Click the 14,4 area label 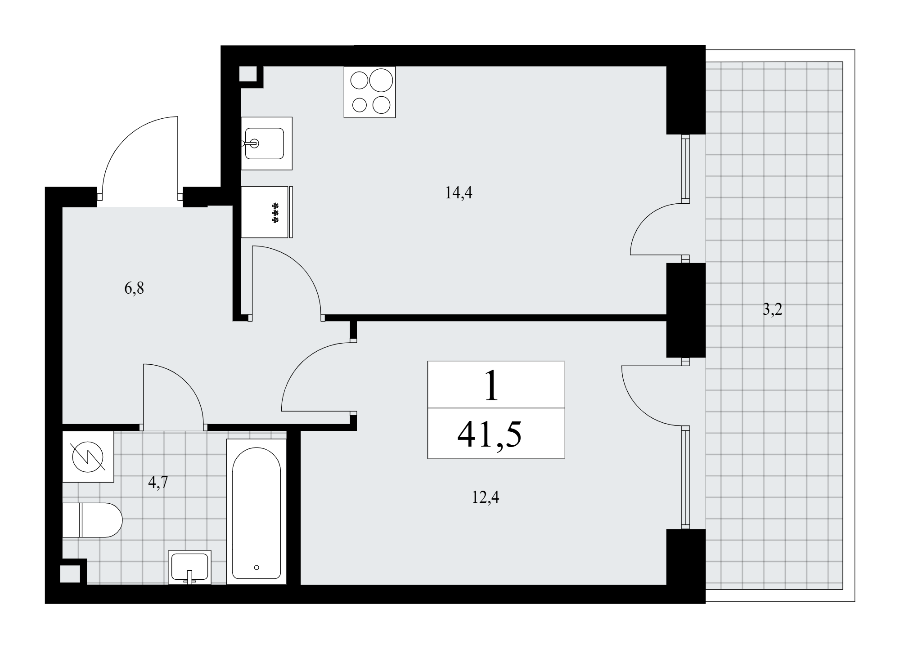[x=459, y=193]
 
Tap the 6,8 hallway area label [x=134, y=288]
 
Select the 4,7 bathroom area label [x=158, y=482]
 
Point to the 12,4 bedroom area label [x=486, y=498]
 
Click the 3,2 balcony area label [x=773, y=310]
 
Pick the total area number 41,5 [x=490, y=434]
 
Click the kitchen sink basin [x=264, y=143]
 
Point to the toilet [x=92, y=520]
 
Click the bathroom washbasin [x=189, y=567]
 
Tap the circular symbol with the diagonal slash [x=88, y=457]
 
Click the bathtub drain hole [x=256, y=568]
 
